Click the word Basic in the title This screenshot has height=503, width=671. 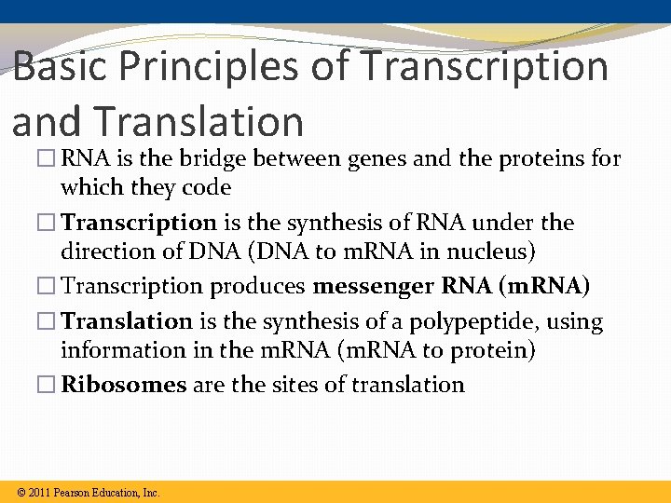point(60,67)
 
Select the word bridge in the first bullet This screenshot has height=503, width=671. point(199,159)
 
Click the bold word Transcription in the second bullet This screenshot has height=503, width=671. point(139,224)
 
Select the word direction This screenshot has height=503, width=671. point(107,252)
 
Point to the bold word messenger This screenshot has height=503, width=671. point(374,287)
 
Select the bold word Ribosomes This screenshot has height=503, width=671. point(124,386)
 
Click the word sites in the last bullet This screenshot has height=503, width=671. point(296,386)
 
